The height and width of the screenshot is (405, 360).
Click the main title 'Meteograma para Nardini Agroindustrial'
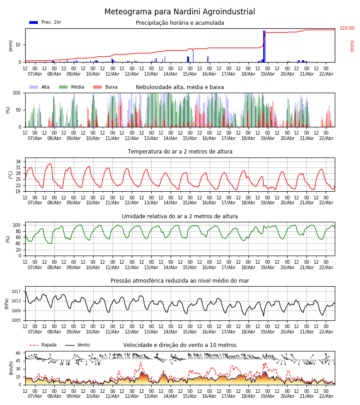[x=180, y=12]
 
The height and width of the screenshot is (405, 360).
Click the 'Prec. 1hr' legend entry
[x=51, y=22]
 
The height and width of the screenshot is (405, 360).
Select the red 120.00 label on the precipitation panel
[x=346, y=28]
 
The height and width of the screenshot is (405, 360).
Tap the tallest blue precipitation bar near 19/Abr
[x=264, y=46]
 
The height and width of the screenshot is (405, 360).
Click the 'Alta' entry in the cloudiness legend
[x=45, y=87]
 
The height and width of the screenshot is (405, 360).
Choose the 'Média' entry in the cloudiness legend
[x=77, y=87]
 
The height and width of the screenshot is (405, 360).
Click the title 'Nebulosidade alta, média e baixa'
[x=180, y=87]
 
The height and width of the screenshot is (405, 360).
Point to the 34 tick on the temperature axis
[x=18, y=162]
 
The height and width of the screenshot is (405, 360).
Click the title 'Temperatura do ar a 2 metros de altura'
[x=180, y=152]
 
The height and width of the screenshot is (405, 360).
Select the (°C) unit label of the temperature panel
[x=11, y=174]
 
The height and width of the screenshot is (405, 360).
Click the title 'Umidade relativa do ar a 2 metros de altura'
[x=180, y=216]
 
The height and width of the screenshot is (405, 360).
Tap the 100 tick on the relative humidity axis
[x=17, y=225]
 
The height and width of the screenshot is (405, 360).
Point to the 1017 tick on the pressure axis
[x=16, y=292]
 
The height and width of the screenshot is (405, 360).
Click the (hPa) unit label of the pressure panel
[x=7, y=303]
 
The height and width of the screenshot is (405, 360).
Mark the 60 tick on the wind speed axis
[x=18, y=353]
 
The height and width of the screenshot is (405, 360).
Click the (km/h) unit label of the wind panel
[x=11, y=368]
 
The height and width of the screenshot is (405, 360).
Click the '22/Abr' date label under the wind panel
[x=326, y=396]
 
